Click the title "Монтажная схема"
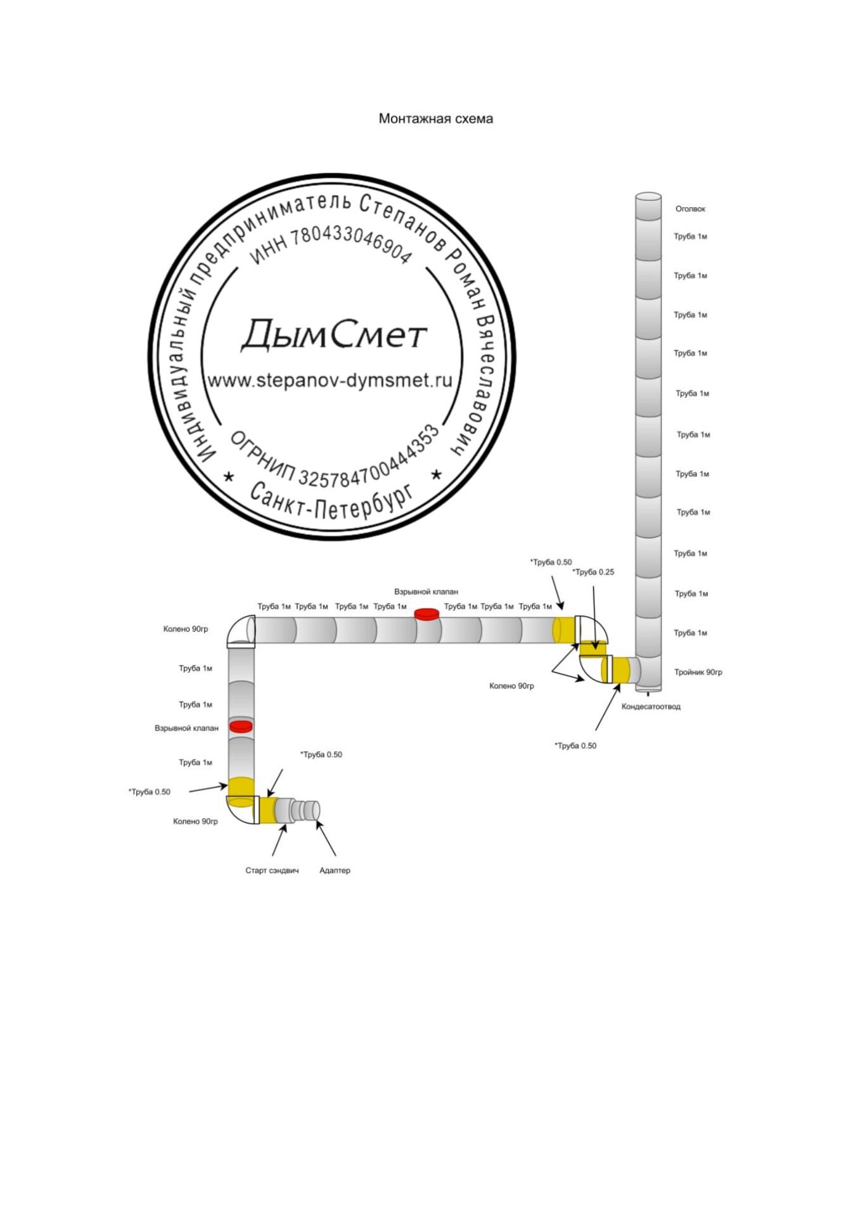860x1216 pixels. [435, 118]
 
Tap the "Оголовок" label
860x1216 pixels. [690, 209]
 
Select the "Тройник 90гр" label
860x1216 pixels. [698, 673]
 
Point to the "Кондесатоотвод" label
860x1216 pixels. [650, 707]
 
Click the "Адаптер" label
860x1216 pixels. [335, 871]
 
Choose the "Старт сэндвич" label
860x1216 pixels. [272, 871]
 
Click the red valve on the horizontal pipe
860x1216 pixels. [427, 614]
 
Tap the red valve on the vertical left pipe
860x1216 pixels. [241, 726]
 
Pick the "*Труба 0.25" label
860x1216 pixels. [593, 573]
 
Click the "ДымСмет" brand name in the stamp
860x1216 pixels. [334, 334]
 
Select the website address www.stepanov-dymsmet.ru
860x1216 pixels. [330, 381]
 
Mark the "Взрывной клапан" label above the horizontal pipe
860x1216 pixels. [426, 592]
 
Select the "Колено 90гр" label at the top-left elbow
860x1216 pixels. [185, 630]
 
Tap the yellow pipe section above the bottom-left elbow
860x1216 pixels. [241, 786]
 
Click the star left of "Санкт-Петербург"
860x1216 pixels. [229, 476]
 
